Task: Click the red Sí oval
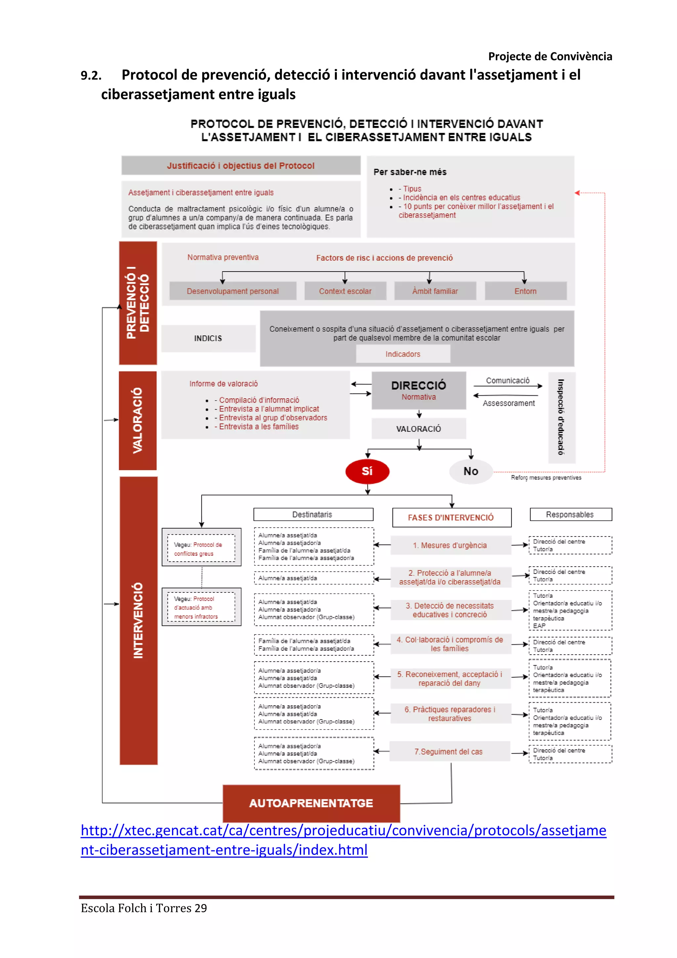pos(367,471)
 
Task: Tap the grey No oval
pos(471,471)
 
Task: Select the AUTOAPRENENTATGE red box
pos(311,803)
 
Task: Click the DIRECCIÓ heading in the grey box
pos(418,385)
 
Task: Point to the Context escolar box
pos(345,291)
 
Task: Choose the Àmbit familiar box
pos(435,291)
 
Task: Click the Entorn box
pos(525,291)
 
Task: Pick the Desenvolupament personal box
pos(233,291)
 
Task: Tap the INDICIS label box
pos(208,338)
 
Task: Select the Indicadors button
pos(403,354)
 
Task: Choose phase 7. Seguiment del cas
pos(449,752)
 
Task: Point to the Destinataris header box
pos(313,514)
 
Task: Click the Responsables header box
pos(570,514)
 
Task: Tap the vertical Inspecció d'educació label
pos(561,417)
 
